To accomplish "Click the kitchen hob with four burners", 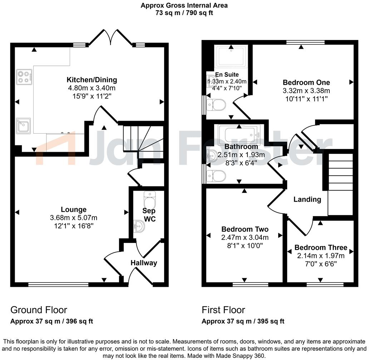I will [24, 76].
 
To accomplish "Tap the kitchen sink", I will [23, 125].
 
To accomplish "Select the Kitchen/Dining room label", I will [92, 80].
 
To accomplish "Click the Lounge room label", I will [73, 210].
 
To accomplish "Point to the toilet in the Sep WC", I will [149, 200].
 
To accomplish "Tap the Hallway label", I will [144, 263].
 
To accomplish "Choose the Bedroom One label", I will [306, 82].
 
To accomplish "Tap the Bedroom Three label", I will [321, 247].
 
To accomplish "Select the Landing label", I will [307, 199].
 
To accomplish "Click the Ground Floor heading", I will [39, 310].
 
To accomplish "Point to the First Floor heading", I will [223, 310].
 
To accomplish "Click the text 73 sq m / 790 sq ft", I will [184, 13].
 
